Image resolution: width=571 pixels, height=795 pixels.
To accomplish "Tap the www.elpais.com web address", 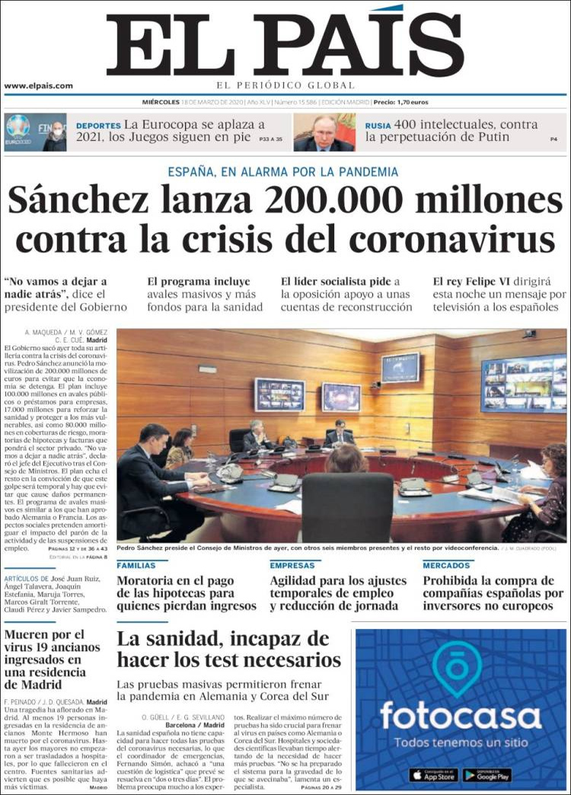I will click(39, 86).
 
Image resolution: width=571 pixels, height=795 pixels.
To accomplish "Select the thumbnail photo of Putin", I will click(324, 132).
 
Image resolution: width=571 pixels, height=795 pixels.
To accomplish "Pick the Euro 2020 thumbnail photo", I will click(35, 132).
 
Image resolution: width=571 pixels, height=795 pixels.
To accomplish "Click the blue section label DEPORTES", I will click(98, 125).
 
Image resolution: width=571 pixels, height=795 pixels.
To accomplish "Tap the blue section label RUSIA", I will click(378, 125).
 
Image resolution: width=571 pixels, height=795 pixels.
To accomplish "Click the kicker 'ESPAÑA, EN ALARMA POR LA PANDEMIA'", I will click(283, 172).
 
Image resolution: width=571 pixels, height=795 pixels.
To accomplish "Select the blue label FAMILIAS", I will click(136, 566).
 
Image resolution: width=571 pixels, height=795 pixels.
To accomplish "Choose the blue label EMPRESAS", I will click(292, 566).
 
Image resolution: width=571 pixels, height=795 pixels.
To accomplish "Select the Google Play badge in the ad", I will click(487, 774).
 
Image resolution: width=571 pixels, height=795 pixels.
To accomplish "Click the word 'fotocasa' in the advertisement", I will click(460, 716).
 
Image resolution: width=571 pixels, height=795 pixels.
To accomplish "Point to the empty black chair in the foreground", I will click(347, 506).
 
